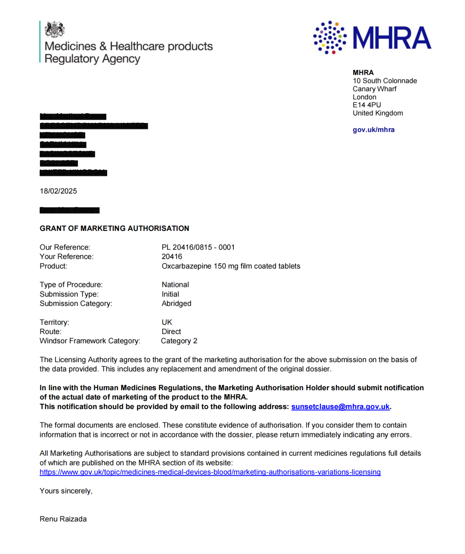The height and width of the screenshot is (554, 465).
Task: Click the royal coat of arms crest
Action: click(55, 29)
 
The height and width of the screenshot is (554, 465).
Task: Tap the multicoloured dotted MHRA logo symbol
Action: click(330, 37)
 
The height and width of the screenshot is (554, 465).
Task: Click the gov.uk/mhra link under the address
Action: click(373, 129)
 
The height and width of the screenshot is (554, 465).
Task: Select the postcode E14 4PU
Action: click(366, 105)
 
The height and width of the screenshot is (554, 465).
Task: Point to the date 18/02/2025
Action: click(58, 191)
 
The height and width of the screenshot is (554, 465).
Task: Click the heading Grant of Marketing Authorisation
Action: click(115, 228)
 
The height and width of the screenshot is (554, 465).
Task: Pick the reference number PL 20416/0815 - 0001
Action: click(198, 247)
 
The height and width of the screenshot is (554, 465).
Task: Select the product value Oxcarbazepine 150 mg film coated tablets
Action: click(231, 266)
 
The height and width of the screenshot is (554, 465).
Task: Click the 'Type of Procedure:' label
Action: click(71, 285)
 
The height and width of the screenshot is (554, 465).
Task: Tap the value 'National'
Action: click(175, 285)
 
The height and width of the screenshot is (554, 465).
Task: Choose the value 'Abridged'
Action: click(177, 304)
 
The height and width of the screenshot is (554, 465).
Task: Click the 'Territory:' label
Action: click(54, 322)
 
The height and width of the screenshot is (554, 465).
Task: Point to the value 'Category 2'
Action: click(179, 341)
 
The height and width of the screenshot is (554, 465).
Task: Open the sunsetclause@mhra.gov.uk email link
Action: click(340, 406)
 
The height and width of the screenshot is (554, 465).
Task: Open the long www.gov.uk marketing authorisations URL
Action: click(210, 472)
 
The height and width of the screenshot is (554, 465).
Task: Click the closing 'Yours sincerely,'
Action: click(66, 491)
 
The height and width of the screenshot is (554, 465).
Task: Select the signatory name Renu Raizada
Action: click(63, 519)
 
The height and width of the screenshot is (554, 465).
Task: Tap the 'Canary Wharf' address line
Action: click(375, 89)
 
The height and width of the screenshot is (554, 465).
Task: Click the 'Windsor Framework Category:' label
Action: click(90, 341)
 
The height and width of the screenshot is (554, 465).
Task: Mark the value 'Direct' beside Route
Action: click(171, 332)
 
